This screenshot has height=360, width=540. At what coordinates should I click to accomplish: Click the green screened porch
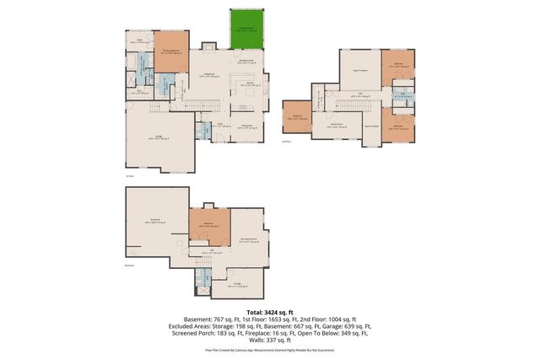pyautogui.click(x=247, y=30)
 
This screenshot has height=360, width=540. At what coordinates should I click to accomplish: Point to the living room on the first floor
pyautogui.click(x=208, y=77)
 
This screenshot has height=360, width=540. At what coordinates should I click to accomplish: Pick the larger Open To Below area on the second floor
pyautogui.click(x=358, y=69)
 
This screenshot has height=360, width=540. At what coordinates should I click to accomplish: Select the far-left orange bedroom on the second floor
pyautogui.click(x=296, y=119)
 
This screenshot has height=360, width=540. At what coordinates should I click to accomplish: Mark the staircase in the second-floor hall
pyautogui.click(x=325, y=100)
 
